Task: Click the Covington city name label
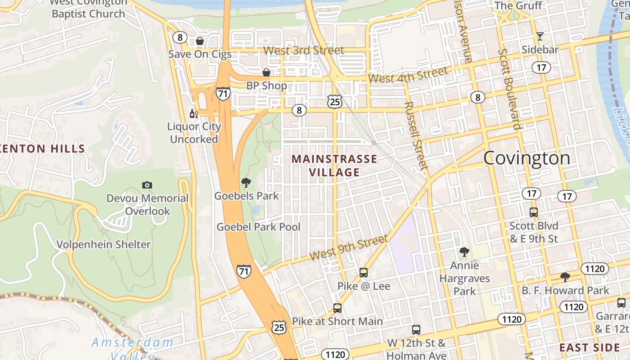click(x=526, y=158)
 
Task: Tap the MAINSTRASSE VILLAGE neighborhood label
click(x=334, y=165)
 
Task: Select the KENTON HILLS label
click(x=43, y=148)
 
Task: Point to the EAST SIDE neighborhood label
click(x=589, y=347)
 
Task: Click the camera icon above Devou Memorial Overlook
click(x=147, y=185)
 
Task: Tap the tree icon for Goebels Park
click(x=246, y=183)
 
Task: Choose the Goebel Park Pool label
click(x=258, y=227)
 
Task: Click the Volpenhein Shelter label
click(x=103, y=244)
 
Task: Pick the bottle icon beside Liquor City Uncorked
click(x=194, y=114)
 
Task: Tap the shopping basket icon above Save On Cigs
click(x=200, y=41)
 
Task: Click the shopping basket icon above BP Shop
click(x=266, y=72)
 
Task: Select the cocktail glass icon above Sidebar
click(x=540, y=36)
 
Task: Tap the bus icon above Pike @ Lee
click(x=364, y=273)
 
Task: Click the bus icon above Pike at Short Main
click(x=337, y=308)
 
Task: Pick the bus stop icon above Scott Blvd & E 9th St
click(x=534, y=212)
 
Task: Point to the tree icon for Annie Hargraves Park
click(x=464, y=252)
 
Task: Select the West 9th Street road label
click(x=348, y=248)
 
